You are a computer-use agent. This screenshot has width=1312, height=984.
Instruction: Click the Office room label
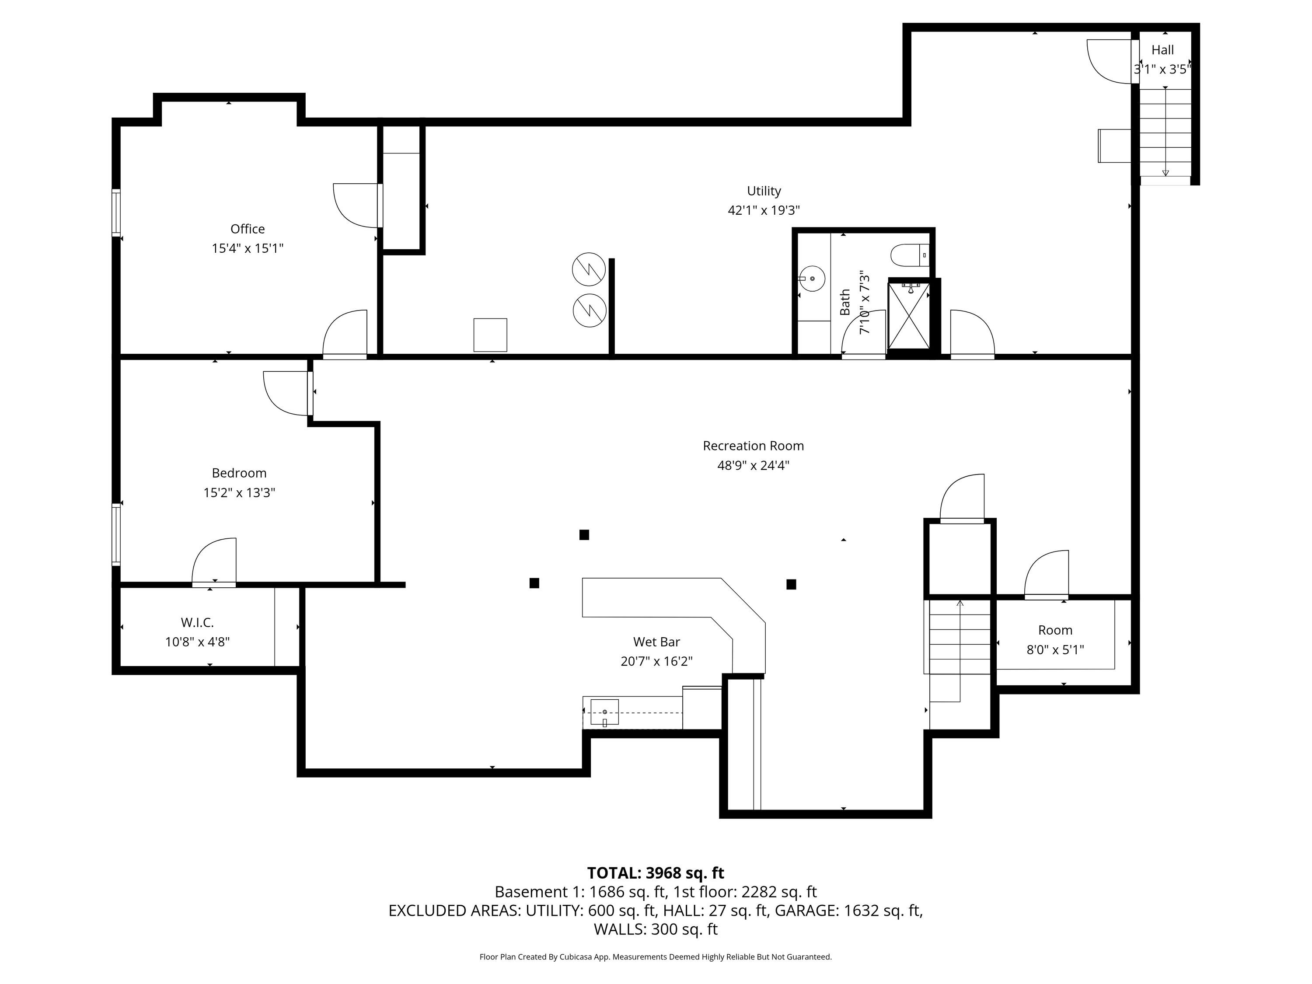(248, 229)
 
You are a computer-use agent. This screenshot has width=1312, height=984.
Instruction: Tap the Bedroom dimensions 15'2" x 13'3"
(239, 493)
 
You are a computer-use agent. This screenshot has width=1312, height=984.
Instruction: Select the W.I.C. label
(197, 622)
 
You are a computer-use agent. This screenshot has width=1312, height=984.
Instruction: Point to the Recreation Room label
(753, 446)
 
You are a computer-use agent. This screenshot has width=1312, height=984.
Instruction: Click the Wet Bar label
(656, 642)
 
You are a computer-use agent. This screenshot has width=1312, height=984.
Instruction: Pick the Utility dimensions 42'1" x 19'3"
(764, 210)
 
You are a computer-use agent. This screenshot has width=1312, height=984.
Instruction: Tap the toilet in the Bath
(910, 255)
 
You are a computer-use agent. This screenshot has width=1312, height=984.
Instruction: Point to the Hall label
(1162, 50)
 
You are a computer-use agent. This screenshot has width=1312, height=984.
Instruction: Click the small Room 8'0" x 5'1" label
(1055, 640)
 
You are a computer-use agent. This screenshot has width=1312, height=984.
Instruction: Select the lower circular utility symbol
(589, 310)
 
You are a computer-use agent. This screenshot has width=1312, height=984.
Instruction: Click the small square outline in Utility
(490, 335)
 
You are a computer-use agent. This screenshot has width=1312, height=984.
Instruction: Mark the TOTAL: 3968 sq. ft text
(656, 872)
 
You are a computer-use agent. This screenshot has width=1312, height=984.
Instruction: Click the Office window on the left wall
(116, 213)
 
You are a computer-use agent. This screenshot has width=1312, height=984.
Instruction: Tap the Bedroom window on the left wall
(116, 534)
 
